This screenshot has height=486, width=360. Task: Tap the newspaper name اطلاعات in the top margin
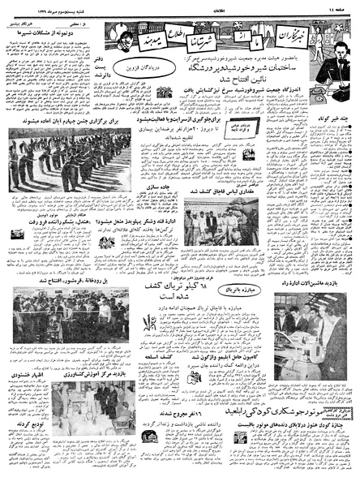pyautogui.click(x=180, y=6)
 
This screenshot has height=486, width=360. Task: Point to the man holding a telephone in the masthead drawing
pyautogui.click(x=333, y=57)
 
